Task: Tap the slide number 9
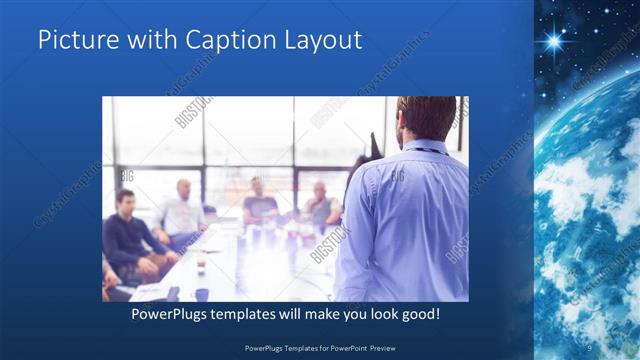tap(589, 347)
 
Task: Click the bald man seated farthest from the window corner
tap(320, 204)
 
